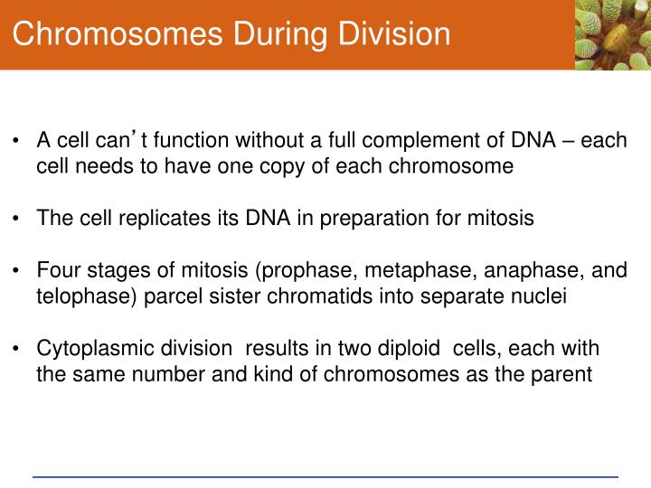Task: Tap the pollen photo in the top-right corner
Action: click(612, 35)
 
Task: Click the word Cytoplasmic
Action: click(89, 349)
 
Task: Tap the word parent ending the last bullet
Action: click(565, 374)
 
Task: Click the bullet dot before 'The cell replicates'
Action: click(17, 220)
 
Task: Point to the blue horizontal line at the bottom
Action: click(325, 476)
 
